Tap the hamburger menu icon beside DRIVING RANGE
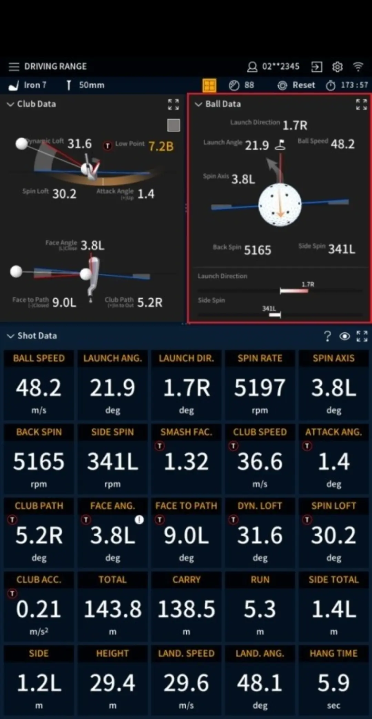pos(14,67)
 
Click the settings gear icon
pos(337,67)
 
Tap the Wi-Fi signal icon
pos(358,66)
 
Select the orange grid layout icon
pos(209,85)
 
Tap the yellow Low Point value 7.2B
pos(161,146)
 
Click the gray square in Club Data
pos(173,125)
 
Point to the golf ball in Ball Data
pos(280,205)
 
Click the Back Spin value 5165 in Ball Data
pos(257,250)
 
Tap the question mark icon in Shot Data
pos(327,336)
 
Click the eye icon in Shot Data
pos(344,336)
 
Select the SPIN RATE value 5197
pos(260,388)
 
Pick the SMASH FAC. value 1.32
pos(186,461)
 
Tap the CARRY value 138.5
pos(186,609)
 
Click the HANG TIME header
pos(333,653)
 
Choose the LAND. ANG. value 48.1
pos(260,683)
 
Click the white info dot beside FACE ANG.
pos(139,520)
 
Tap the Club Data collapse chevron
pos(10,104)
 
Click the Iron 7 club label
pos(34,85)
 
